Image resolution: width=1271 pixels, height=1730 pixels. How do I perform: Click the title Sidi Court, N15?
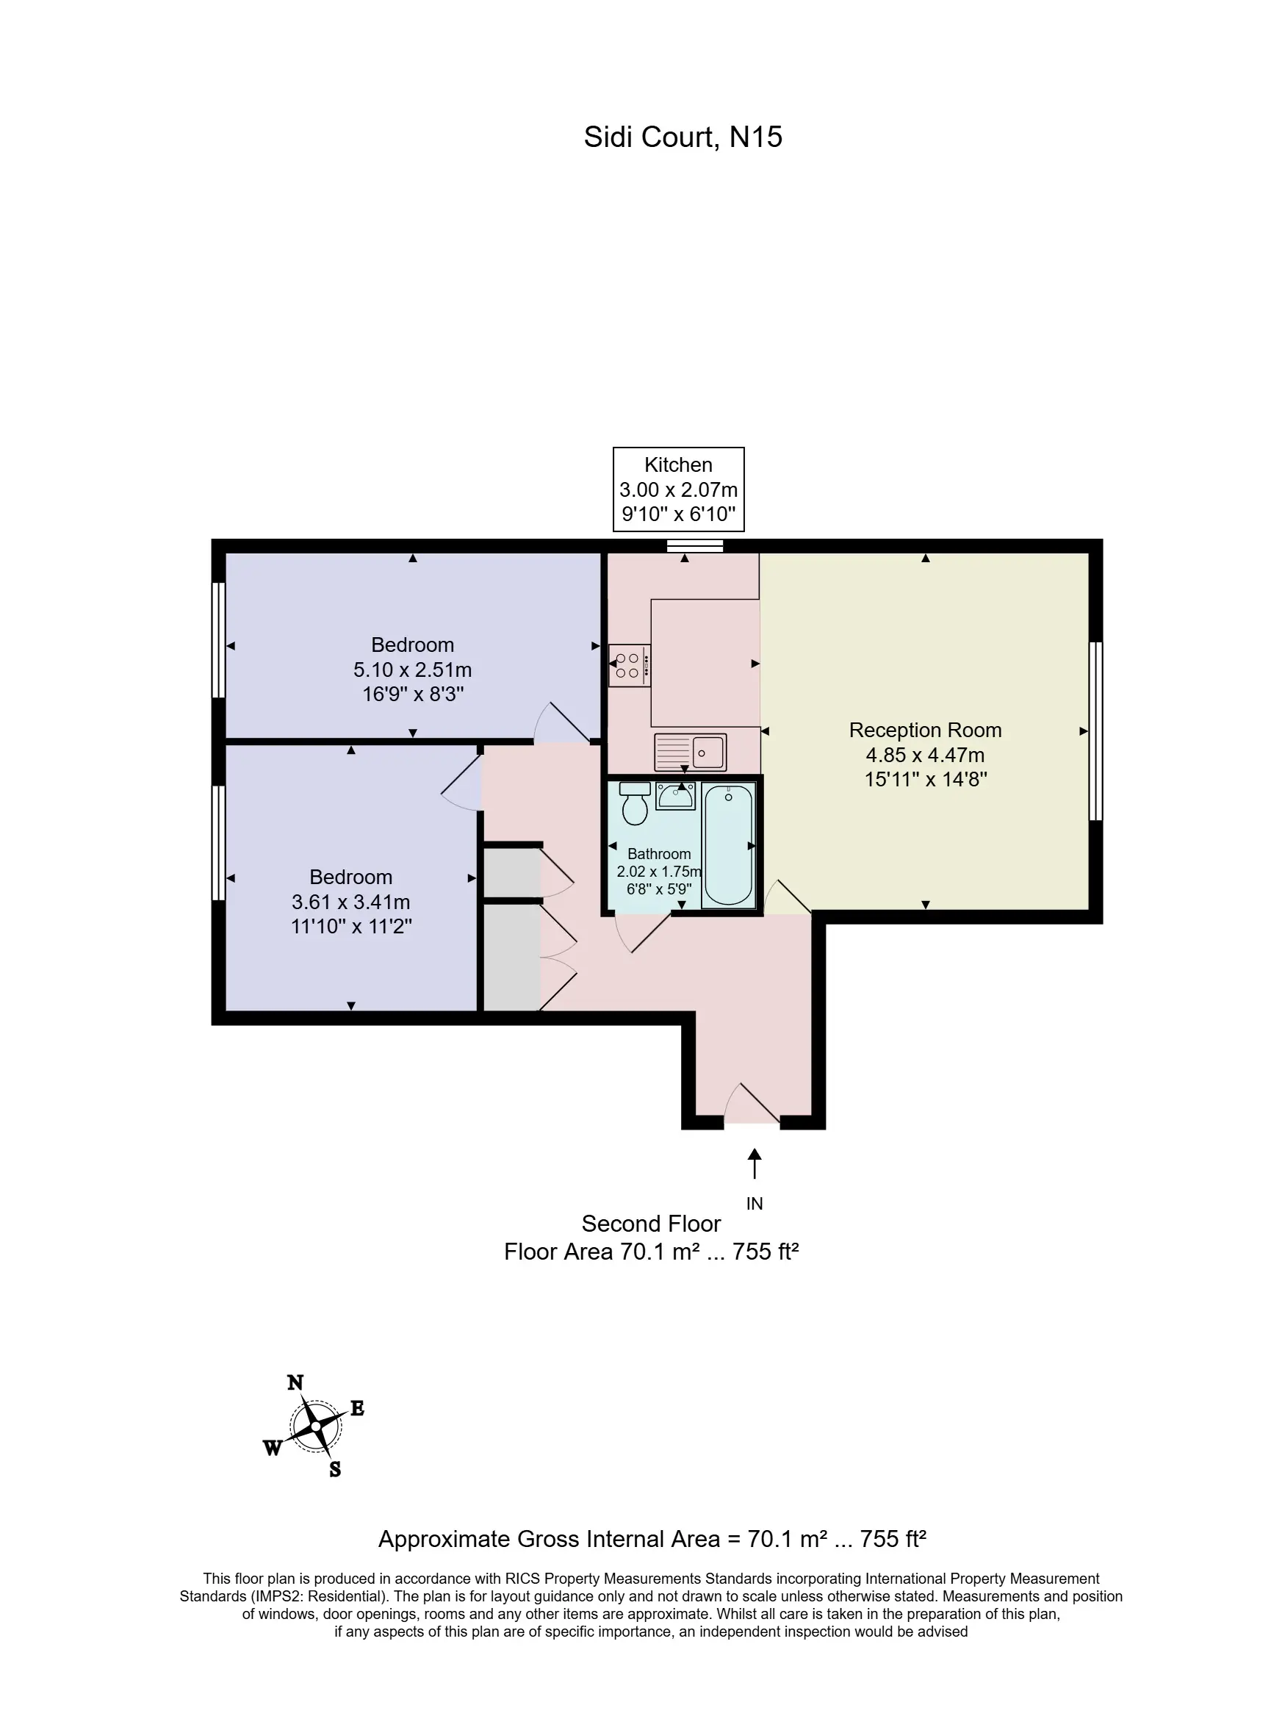pos(683,137)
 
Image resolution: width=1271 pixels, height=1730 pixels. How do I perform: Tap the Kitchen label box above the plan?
pos(679,489)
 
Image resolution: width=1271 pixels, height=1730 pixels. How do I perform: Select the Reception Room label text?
pos(925,730)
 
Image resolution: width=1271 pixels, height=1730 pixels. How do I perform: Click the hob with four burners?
pos(630,666)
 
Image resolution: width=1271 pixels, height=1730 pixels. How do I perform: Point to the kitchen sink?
pos(690,752)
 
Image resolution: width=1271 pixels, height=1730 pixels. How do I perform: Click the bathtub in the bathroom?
pos(728,844)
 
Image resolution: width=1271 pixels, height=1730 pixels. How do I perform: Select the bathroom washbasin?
pos(675,795)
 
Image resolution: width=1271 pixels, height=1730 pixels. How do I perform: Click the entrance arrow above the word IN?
pos(755,1163)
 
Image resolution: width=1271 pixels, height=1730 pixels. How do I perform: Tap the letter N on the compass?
pos(295,1383)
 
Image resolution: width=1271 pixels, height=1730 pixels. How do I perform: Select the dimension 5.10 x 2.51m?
pos(412,670)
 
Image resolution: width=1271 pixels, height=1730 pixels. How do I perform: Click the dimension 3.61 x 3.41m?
pos(351,902)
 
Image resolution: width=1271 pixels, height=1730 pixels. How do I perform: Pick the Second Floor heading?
pos(651,1224)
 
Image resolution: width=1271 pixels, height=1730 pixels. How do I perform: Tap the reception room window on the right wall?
pos(1095,731)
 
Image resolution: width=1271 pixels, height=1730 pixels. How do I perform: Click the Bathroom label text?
pos(659,854)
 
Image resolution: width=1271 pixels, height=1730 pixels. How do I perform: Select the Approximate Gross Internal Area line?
pos(652,1539)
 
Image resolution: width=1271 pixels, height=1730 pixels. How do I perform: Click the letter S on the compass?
pos(335,1469)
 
